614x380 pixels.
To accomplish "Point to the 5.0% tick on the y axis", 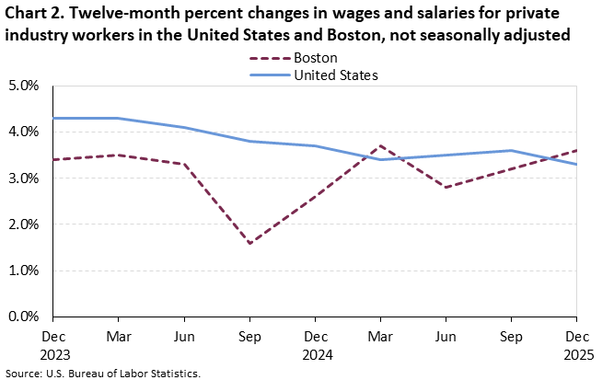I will (x=23, y=86).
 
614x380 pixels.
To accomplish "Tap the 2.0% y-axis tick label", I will (x=23, y=225).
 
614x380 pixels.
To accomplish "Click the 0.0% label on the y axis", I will (x=23, y=317).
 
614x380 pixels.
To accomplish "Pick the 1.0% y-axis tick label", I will (x=23, y=271).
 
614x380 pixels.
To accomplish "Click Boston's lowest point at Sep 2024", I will (x=249, y=243).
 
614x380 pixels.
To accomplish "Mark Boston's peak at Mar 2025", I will (x=381, y=145).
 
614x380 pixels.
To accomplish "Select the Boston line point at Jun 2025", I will (x=446, y=187).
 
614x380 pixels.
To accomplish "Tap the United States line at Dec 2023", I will (x=53, y=118).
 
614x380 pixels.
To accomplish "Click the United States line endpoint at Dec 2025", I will (x=577, y=164).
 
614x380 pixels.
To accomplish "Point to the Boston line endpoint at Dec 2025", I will (x=577, y=150).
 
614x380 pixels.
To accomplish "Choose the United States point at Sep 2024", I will (x=249, y=141).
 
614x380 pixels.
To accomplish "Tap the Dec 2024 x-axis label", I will (x=315, y=342).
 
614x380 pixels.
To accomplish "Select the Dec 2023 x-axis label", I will (x=53, y=342).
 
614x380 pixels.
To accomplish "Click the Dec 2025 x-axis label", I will (x=577, y=342).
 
